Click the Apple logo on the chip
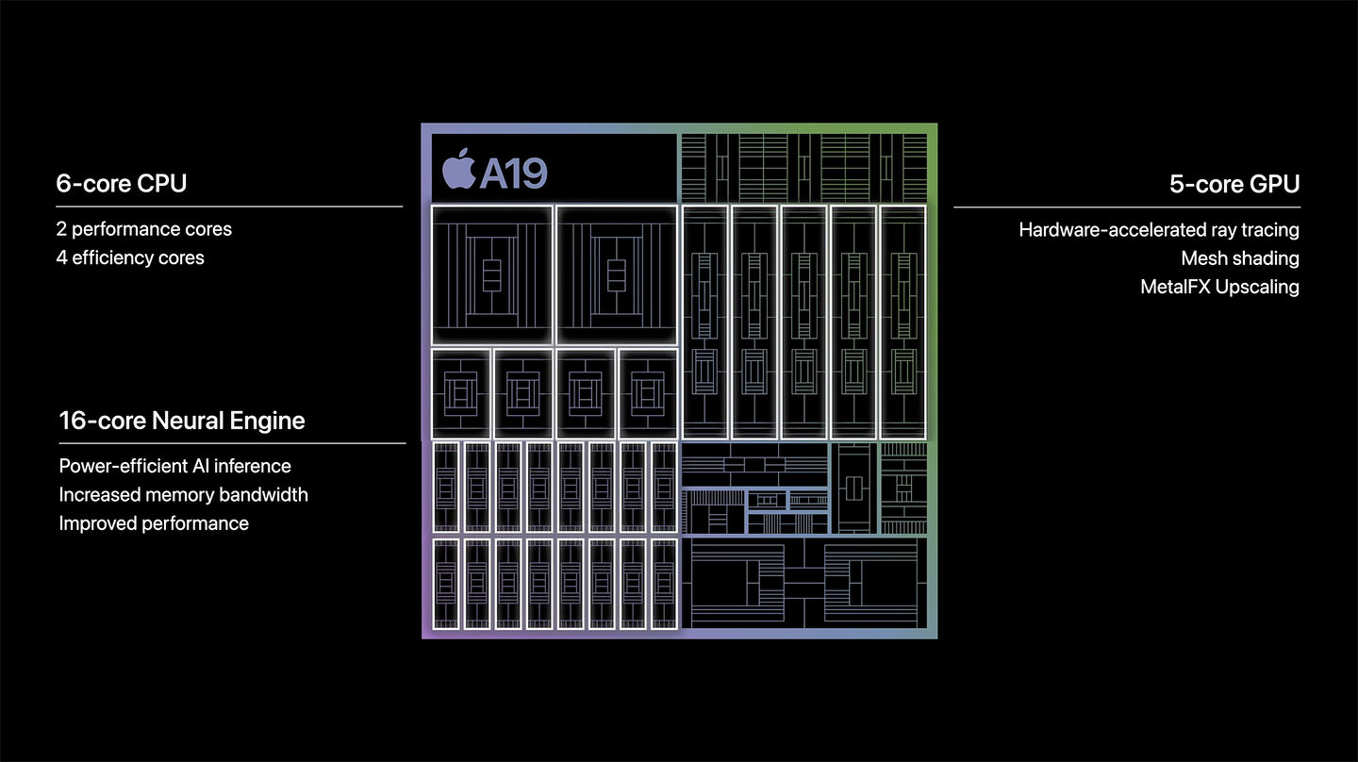point(459,169)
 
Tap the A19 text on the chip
point(514,174)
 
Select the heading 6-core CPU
point(122,183)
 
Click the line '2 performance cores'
point(143,229)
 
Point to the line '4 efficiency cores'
point(130,257)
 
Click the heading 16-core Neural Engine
point(182,420)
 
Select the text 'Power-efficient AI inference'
point(174,466)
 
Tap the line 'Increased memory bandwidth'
point(183,495)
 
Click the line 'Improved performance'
point(154,523)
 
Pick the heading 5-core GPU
point(1234,184)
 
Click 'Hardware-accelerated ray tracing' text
point(1159,230)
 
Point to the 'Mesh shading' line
point(1240,258)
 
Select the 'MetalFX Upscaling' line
point(1219,287)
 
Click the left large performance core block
point(491,275)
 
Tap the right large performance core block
point(617,275)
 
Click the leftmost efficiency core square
point(461,393)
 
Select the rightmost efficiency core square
point(648,393)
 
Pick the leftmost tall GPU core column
point(704,322)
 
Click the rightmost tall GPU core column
point(903,322)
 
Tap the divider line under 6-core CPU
point(229,207)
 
